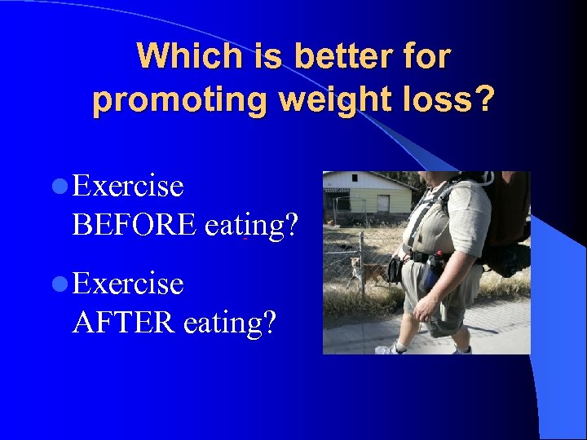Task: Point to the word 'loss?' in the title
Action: [x=448, y=100]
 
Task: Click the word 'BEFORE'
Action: [x=134, y=224]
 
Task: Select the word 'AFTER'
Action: [x=124, y=322]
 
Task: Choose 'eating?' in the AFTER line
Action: [x=230, y=322]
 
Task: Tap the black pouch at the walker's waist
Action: [x=396, y=269]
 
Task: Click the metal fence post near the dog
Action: [x=362, y=261]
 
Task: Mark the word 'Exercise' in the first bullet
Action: [x=128, y=187]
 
